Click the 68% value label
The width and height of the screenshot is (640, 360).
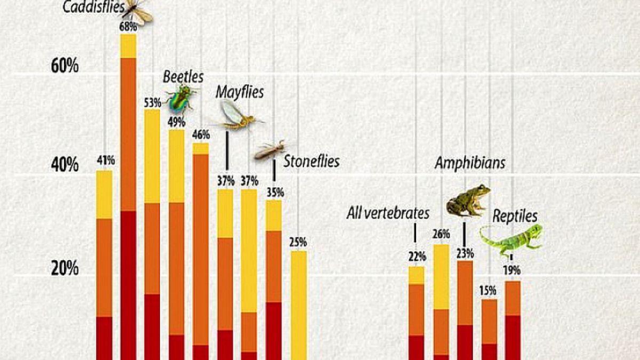(x=129, y=27)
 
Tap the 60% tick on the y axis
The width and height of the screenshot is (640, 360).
(x=65, y=66)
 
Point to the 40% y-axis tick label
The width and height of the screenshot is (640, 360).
(x=65, y=165)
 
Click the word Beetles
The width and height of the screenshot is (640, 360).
(x=183, y=77)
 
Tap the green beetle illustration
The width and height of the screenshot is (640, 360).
(x=181, y=98)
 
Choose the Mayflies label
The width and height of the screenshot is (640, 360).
(x=239, y=92)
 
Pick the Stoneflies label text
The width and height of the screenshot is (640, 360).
(x=311, y=162)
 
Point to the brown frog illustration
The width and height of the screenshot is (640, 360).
(x=468, y=201)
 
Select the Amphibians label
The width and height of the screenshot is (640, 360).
(x=470, y=163)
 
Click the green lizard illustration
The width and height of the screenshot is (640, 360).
(x=511, y=239)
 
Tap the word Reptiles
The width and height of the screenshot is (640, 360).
(x=515, y=216)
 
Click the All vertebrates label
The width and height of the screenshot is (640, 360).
(x=388, y=213)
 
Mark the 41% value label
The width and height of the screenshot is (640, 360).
(x=106, y=161)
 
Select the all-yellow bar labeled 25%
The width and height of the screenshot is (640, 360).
(x=299, y=306)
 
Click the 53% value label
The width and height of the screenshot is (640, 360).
(x=153, y=103)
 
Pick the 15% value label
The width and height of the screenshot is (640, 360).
(x=487, y=291)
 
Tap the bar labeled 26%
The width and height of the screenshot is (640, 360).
(x=441, y=302)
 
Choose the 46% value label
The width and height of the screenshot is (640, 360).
(x=201, y=134)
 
